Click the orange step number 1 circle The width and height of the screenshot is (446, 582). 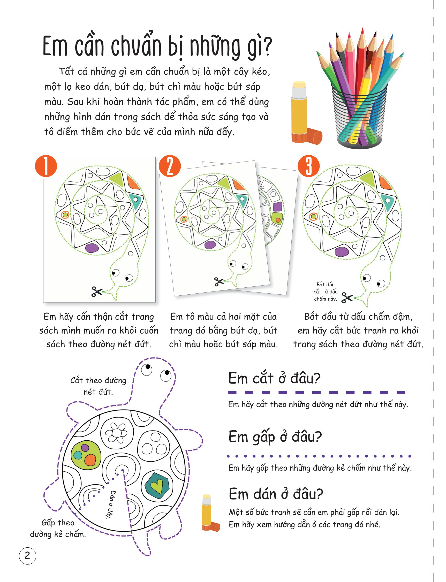coord(46,166)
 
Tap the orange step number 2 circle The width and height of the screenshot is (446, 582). coord(170,166)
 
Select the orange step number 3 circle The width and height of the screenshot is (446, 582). coord(308,166)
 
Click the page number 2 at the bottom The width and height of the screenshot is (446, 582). coord(27,555)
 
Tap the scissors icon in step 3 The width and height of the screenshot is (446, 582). coord(347,297)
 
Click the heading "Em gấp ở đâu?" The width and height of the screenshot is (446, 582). coord(275,436)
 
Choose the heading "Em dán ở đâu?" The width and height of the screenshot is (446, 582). coord(276,494)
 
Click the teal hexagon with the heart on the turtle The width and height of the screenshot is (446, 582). coord(157,485)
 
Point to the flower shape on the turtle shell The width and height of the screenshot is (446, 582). coord(116,433)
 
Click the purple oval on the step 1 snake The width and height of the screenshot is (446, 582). coord(92,248)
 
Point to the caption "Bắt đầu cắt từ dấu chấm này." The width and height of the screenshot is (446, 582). coord(326,292)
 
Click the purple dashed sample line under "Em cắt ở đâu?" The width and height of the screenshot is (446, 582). coord(316,393)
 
